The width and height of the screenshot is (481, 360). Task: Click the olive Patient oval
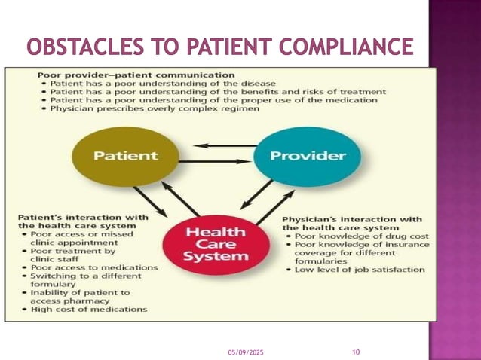(125, 157)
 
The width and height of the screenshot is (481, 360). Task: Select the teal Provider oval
(307, 157)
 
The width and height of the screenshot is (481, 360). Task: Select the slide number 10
(357, 351)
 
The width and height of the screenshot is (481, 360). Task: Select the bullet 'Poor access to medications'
(93, 267)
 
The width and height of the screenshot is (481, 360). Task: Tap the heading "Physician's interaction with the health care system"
(351, 223)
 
